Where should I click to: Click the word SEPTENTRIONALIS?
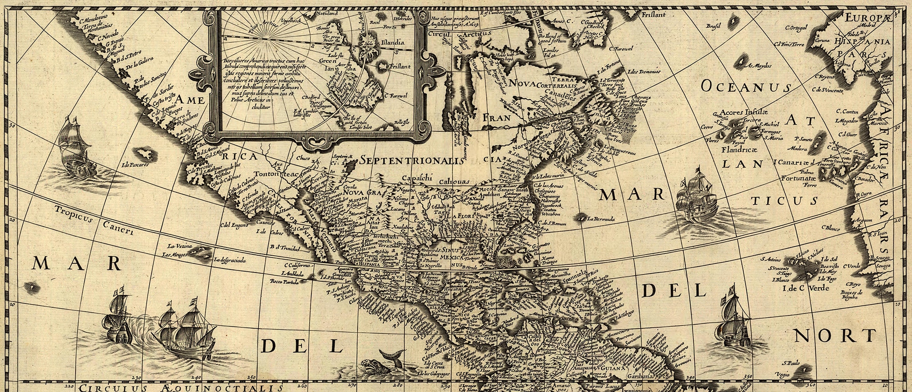411,160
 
